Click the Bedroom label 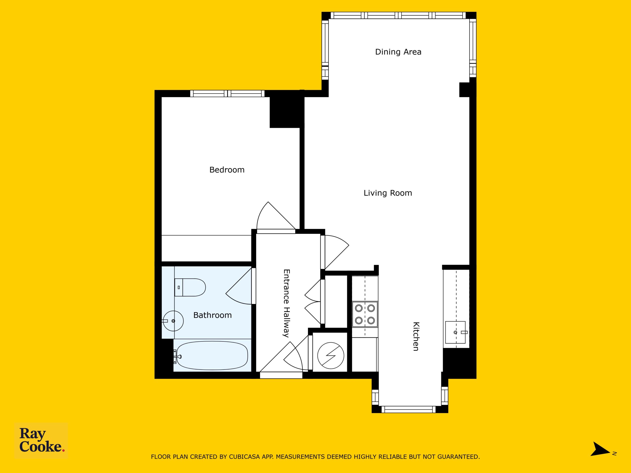point(227,170)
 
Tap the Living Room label point(388,193)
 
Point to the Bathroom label point(212,315)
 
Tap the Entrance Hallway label point(286,303)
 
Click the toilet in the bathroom point(190,287)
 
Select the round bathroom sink point(173,321)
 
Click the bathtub point(212,355)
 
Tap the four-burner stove point(365,314)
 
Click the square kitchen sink point(456,332)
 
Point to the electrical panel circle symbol point(331,355)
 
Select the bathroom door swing point(239,286)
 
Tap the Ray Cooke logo point(41,440)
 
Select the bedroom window point(227,94)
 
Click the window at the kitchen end point(409,409)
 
